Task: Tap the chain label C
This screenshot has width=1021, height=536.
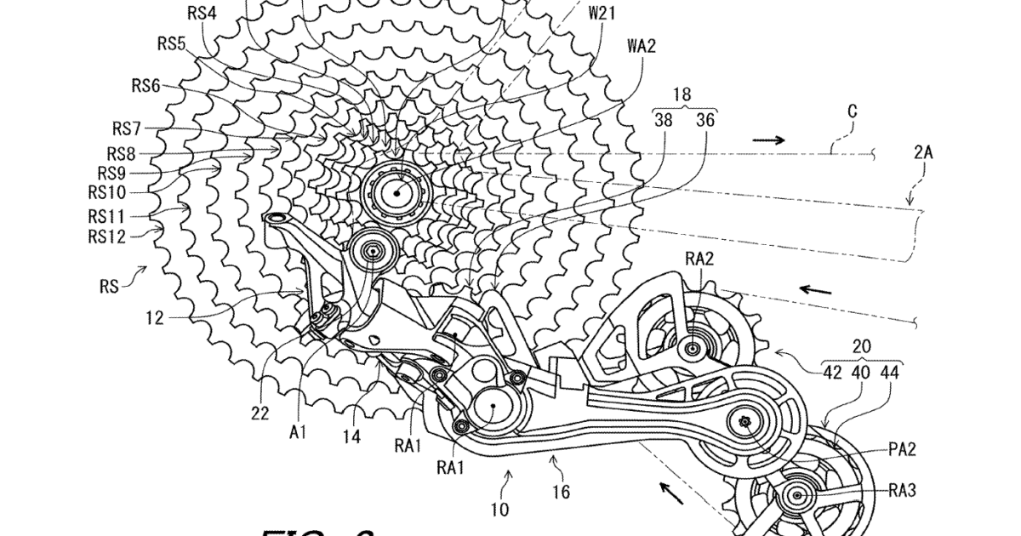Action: coord(852,111)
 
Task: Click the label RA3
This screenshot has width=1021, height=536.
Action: coord(901,489)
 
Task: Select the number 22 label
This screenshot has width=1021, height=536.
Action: coord(260,413)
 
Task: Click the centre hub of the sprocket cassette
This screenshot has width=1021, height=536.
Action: coord(395,192)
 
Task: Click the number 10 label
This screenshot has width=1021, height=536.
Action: coord(499,510)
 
